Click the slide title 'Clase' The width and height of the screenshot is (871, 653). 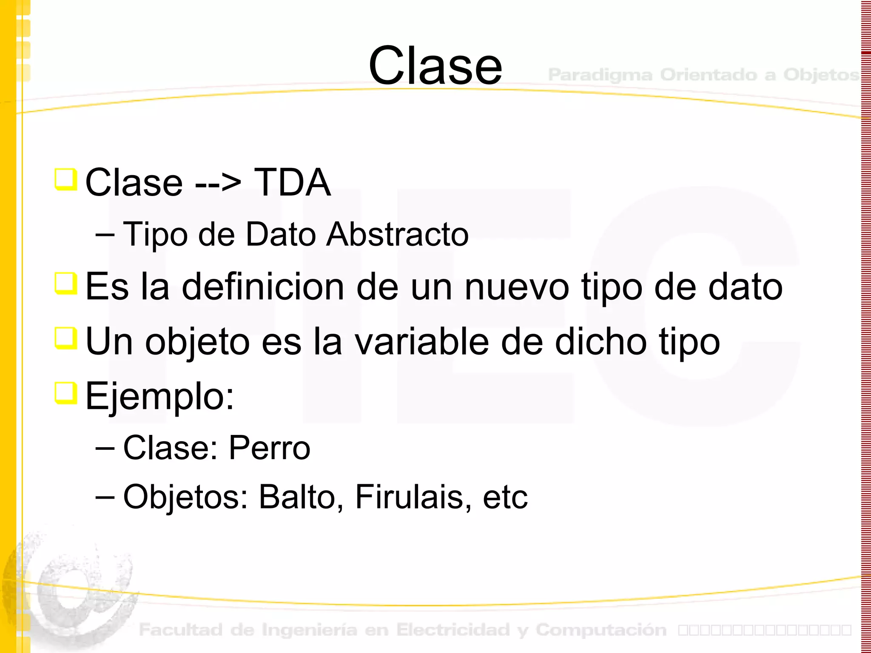(435, 66)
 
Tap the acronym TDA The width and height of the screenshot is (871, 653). (292, 182)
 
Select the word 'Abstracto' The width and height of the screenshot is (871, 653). (397, 234)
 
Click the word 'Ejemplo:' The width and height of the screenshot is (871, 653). (159, 397)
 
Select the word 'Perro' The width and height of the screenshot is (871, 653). (269, 448)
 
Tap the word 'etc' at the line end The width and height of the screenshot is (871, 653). (505, 497)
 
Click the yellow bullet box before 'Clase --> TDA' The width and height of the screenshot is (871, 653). (66, 179)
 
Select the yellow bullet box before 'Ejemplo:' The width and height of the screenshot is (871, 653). (66, 393)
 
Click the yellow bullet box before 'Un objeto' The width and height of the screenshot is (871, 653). (66, 338)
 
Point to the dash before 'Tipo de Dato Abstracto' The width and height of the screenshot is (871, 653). (105, 234)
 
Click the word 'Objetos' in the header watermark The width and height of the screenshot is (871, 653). (821, 75)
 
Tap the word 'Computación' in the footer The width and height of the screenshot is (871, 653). (601, 630)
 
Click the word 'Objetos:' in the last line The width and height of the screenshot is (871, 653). (185, 497)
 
